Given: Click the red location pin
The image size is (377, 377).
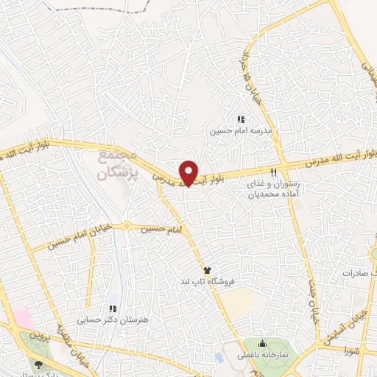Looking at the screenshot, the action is point(190,172).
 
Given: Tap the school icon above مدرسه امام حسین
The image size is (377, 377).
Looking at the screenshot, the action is point(239,119).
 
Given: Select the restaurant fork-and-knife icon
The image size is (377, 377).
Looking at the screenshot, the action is point(273,172).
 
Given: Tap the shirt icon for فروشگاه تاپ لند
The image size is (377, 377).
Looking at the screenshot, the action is point(207,270).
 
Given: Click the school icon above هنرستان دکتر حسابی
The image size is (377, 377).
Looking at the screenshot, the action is point(113,309).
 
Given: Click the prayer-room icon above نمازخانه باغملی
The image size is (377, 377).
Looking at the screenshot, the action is point(263,343).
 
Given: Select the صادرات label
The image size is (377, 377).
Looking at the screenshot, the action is point(359,272).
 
